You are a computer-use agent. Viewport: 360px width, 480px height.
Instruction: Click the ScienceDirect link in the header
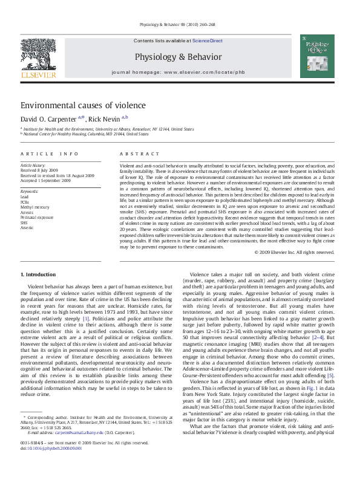click(x=208, y=41)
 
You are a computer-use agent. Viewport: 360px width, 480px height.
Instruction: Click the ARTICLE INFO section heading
click(x=50, y=154)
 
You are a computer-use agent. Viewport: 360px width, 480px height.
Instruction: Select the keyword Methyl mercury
click(x=35, y=207)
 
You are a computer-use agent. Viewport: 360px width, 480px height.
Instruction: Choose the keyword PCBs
click(x=25, y=202)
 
